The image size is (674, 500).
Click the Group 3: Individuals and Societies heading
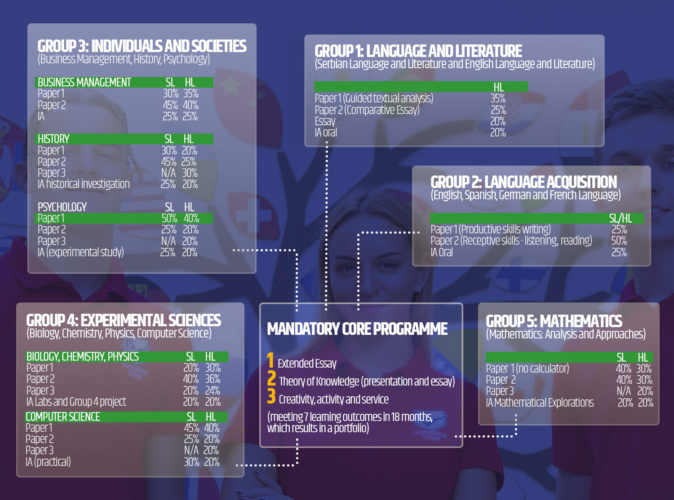click(x=142, y=46)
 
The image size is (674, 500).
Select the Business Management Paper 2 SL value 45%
click(x=170, y=105)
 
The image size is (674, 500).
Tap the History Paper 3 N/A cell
click(x=168, y=173)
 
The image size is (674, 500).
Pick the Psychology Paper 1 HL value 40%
click(x=191, y=219)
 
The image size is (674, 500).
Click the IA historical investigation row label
click(x=84, y=184)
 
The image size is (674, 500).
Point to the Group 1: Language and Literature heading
click(x=418, y=51)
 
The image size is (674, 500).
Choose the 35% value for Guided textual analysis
click(x=498, y=98)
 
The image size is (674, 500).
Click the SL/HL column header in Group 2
click(x=620, y=219)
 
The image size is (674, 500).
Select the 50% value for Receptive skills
click(x=619, y=241)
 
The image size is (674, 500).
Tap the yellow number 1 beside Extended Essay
click(x=270, y=360)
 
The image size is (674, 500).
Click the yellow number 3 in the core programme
click(x=271, y=396)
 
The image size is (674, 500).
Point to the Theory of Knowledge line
click(x=367, y=382)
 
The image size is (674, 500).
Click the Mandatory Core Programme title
click(x=357, y=329)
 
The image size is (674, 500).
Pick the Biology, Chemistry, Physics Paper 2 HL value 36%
click(x=213, y=379)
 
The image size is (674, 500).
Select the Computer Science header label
click(x=63, y=417)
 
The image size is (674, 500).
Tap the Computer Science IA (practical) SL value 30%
click(x=191, y=462)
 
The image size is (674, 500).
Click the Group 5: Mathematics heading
click(x=554, y=321)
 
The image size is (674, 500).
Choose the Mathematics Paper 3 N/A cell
click(x=624, y=391)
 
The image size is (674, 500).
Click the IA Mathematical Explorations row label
click(x=540, y=403)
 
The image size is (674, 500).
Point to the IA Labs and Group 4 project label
click(x=76, y=402)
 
